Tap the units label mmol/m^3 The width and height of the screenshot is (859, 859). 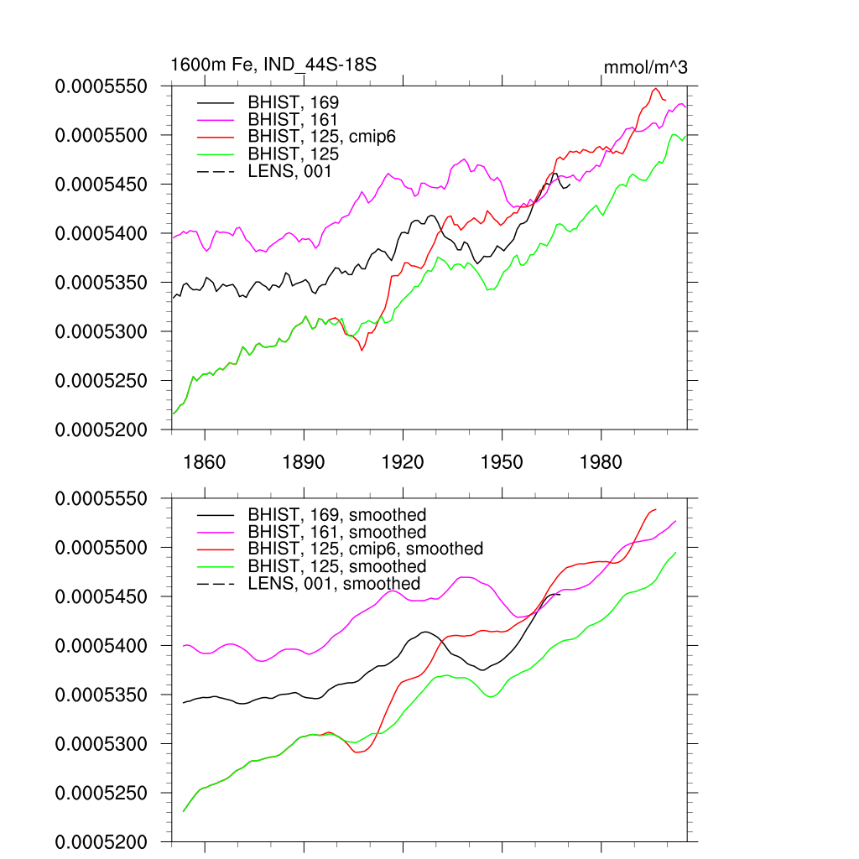click(x=646, y=67)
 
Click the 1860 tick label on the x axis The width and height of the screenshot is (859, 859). click(x=205, y=462)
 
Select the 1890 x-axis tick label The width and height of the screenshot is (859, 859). click(x=304, y=462)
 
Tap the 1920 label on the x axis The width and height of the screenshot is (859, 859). click(x=403, y=462)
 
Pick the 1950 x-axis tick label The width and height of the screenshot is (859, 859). click(x=502, y=462)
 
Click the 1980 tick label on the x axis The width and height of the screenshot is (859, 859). click(x=601, y=462)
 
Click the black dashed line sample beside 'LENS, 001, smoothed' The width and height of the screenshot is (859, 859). click(x=214, y=583)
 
